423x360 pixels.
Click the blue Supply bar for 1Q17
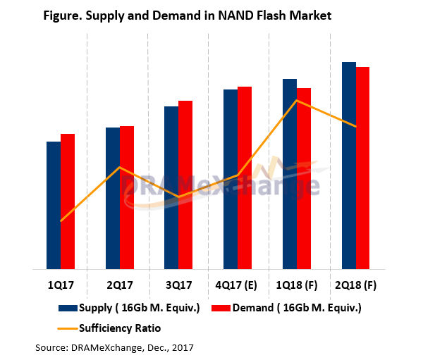pyautogui.click(x=53, y=205)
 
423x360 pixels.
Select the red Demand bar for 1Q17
pyautogui.click(x=67, y=201)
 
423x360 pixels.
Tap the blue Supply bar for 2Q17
pyautogui.click(x=112, y=198)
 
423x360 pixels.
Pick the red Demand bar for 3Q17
pyautogui.click(x=185, y=185)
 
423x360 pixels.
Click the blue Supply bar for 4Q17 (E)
pyautogui.click(x=231, y=179)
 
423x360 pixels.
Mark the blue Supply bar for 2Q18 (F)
pyautogui.click(x=348, y=166)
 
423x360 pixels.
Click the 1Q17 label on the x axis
pyautogui.click(x=60, y=286)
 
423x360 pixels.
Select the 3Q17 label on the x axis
pyautogui.click(x=178, y=286)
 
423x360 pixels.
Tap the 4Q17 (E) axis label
pyautogui.click(x=238, y=286)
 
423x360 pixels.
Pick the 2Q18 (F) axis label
pyautogui.click(x=356, y=286)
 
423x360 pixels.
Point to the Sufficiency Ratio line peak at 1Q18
pyautogui.click(x=298, y=101)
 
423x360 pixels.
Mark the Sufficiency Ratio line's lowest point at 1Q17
pyautogui.click(x=61, y=221)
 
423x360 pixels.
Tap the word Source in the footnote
pyautogui.click(x=51, y=347)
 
